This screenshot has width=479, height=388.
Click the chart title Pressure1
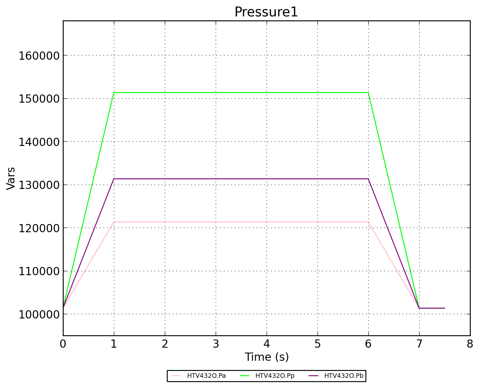[266, 12]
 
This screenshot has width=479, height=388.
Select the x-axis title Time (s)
[267, 357]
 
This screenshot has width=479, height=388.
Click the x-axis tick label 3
[216, 344]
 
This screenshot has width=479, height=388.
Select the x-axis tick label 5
[317, 344]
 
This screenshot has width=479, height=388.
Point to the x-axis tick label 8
[470, 344]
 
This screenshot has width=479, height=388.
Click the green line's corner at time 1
[114, 92]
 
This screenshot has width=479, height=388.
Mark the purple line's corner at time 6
[368, 179]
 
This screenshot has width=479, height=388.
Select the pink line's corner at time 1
[114, 222]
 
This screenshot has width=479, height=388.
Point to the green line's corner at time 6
[368, 92]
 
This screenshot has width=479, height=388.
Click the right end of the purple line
[445, 308]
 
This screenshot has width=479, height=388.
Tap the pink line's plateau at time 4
[267, 222]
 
